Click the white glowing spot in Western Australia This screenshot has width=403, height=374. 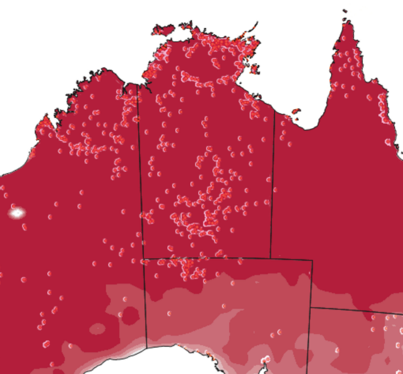[17, 212]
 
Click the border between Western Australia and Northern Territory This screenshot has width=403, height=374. [140, 179]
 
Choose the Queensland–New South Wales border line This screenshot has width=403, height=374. [358, 311]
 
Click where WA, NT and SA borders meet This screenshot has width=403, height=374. [143, 259]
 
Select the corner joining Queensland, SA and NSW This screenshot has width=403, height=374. [311, 307]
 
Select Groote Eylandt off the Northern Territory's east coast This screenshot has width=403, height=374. [255, 70]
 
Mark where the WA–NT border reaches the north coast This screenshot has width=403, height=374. [138, 86]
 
